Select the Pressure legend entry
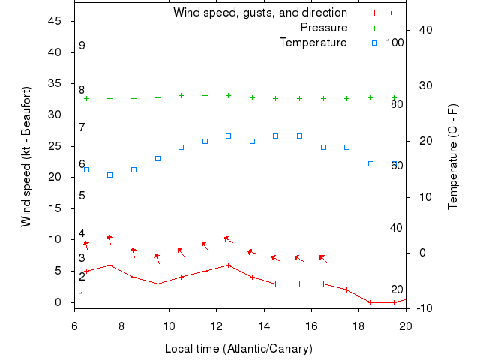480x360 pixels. (324, 28)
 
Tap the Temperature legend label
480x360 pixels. (313, 43)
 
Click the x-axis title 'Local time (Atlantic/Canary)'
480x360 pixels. (238, 349)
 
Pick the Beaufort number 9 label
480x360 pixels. (82, 46)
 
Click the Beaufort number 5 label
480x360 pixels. (82, 196)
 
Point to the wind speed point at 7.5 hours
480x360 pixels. (110, 265)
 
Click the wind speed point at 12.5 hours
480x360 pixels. (229, 265)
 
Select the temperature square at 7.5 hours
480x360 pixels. (110, 175)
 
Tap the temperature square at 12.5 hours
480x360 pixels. (229, 136)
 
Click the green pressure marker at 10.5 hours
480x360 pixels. (181, 95)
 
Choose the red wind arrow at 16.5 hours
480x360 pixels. (322, 258)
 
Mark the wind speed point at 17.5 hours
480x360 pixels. (347, 289)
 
